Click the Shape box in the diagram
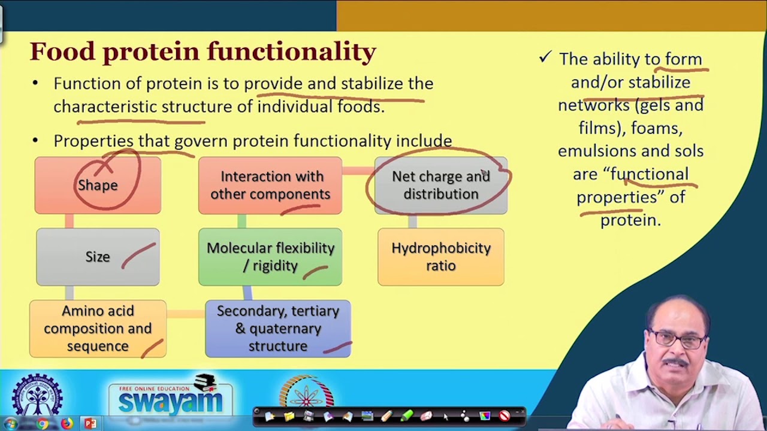(x=98, y=186)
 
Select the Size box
(x=98, y=257)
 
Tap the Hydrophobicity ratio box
(x=440, y=257)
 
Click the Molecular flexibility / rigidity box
(x=270, y=257)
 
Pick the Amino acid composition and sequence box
(x=98, y=329)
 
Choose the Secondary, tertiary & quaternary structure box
(x=278, y=329)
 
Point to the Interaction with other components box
(x=270, y=186)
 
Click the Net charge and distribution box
(x=440, y=186)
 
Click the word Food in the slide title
(x=63, y=51)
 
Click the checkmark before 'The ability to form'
(x=545, y=57)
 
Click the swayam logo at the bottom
(x=170, y=396)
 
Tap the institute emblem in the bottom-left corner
(x=37, y=395)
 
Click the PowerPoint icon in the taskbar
(x=90, y=424)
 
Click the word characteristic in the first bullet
(x=105, y=107)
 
